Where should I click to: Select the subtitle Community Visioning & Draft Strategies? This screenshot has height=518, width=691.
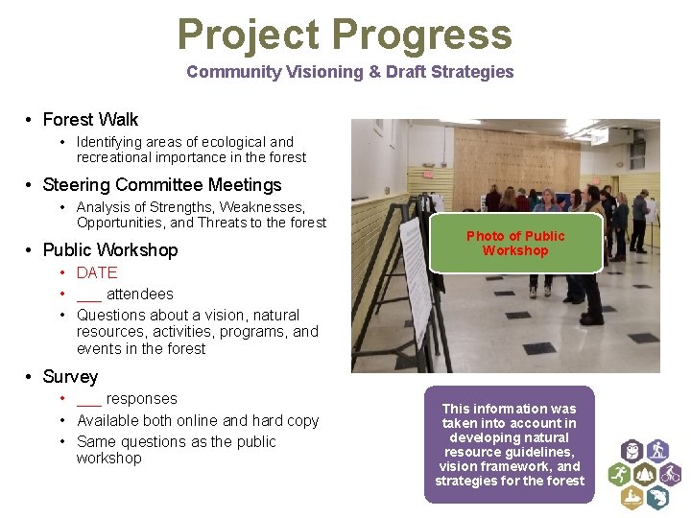pyautogui.click(x=349, y=72)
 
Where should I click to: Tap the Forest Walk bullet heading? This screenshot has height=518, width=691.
pyautogui.click(x=90, y=120)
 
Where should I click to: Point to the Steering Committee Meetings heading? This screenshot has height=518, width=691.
pyautogui.click(x=162, y=185)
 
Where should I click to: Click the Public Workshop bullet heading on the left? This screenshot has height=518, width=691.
pyautogui.click(x=110, y=250)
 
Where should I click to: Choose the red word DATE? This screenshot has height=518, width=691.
pyautogui.click(x=97, y=273)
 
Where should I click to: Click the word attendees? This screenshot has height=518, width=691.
pyautogui.click(x=140, y=294)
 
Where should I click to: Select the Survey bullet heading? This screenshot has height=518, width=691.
pyautogui.click(x=70, y=377)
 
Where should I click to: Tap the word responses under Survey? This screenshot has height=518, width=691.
pyautogui.click(x=142, y=399)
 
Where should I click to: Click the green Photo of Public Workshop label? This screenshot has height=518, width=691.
pyautogui.click(x=515, y=244)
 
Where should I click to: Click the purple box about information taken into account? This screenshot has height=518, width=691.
pyautogui.click(x=509, y=445)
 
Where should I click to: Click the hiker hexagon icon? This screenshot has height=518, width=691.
pyautogui.click(x=657, y=450)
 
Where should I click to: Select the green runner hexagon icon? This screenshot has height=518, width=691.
pyautogui.click(x=618, y=474)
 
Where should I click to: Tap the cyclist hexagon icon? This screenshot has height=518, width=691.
pyautogui.click(x=670, y=474)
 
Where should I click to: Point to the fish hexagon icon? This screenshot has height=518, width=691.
pyautogui.click(x=657, y=497)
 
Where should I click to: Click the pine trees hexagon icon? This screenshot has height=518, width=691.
pyautogui.click(x=644, y=474)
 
